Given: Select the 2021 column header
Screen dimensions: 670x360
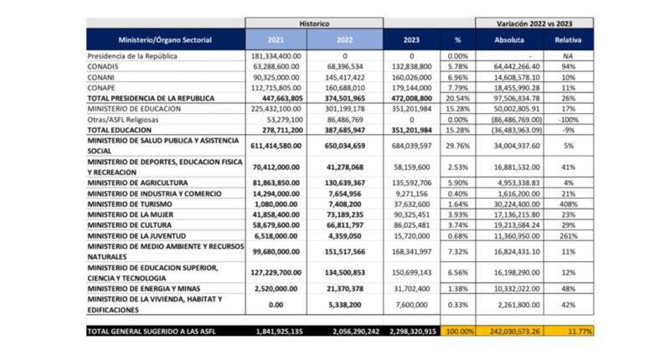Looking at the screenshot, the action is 276,39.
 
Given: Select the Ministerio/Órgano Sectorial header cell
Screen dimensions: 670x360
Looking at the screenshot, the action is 165,39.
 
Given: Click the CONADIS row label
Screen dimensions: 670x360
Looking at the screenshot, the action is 104,65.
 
